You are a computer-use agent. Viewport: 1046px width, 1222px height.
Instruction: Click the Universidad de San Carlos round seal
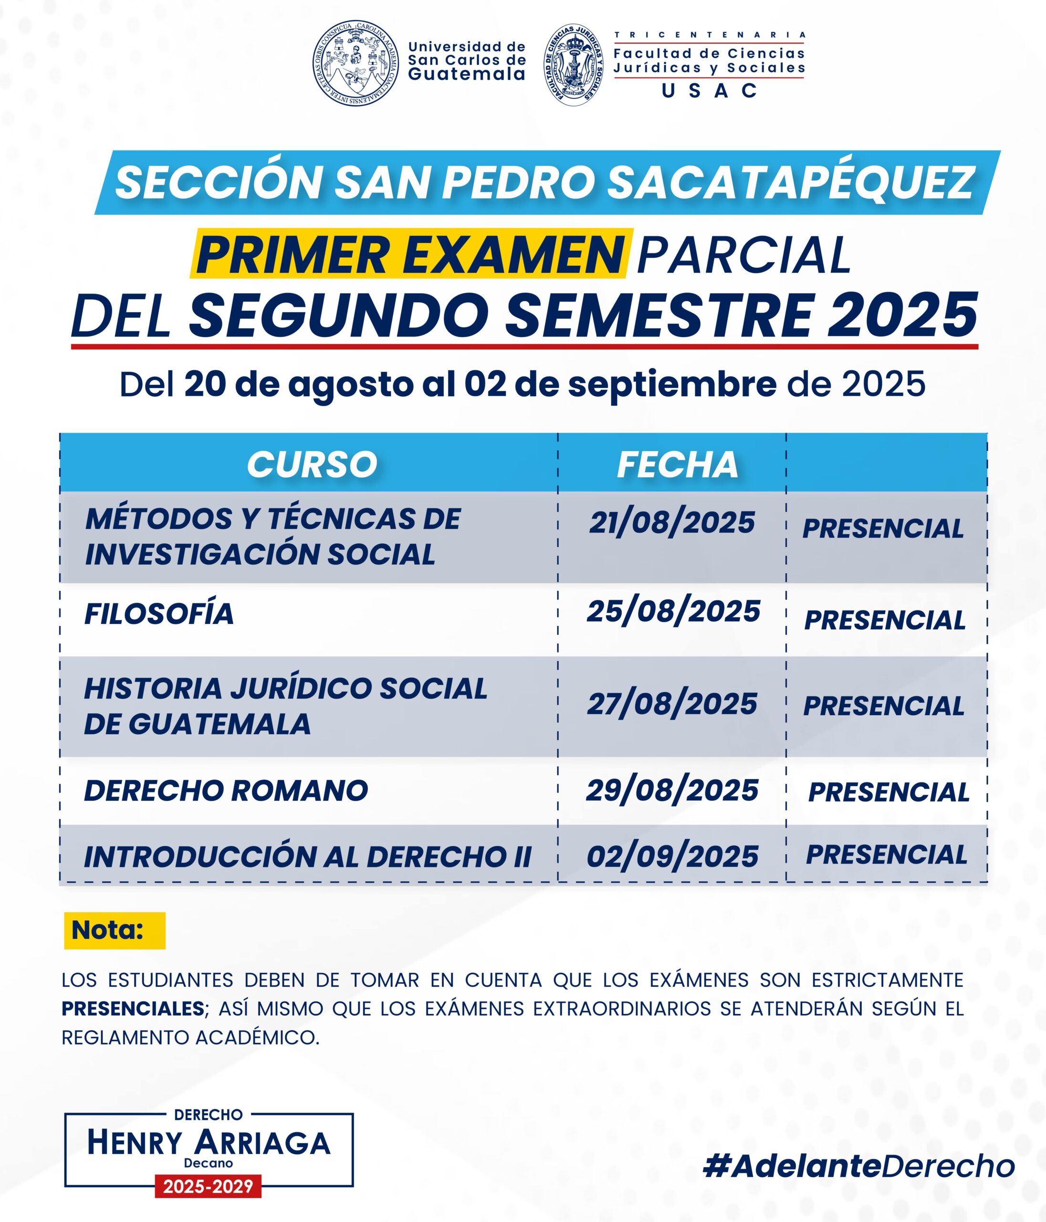356,63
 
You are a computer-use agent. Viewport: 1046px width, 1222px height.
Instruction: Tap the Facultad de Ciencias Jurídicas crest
574,65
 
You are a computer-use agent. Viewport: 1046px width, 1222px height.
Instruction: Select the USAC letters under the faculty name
709,91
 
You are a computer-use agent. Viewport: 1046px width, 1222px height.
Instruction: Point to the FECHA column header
677,465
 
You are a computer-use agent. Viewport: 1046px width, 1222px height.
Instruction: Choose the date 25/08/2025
673,611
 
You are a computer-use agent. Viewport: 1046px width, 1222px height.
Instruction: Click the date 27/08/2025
671,704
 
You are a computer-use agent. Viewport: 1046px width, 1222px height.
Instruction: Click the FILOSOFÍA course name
159,614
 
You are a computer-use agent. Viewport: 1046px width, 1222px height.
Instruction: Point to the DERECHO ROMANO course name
226,790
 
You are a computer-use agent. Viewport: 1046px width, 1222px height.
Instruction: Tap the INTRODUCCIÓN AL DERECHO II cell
307,857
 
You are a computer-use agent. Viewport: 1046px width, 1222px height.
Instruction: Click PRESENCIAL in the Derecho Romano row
889,792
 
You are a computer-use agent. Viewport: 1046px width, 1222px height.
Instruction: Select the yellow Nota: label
115,931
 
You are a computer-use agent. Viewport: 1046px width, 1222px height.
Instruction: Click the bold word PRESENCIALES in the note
133,1009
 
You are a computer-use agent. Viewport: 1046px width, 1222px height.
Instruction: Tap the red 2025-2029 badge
208,1187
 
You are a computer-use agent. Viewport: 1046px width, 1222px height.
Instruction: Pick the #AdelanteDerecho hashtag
859,1167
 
